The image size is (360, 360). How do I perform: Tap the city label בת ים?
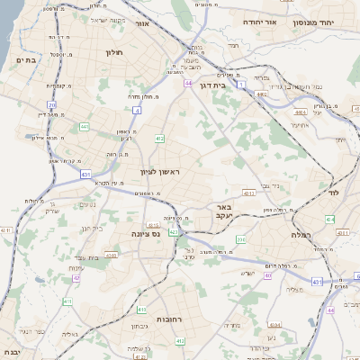tap(28, 59)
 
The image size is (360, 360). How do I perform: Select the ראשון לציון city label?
tap(160, 171)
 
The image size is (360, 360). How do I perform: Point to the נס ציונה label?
tap(146, 233)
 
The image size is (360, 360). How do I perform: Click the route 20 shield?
tap(52, 105)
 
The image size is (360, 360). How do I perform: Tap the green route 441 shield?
tap(85, 127)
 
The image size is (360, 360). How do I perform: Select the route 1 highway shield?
tap(242, 84)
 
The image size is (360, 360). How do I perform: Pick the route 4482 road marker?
tap(263, 93)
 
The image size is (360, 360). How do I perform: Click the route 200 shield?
tap(240, 239)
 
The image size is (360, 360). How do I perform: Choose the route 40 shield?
tap(267, 275)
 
